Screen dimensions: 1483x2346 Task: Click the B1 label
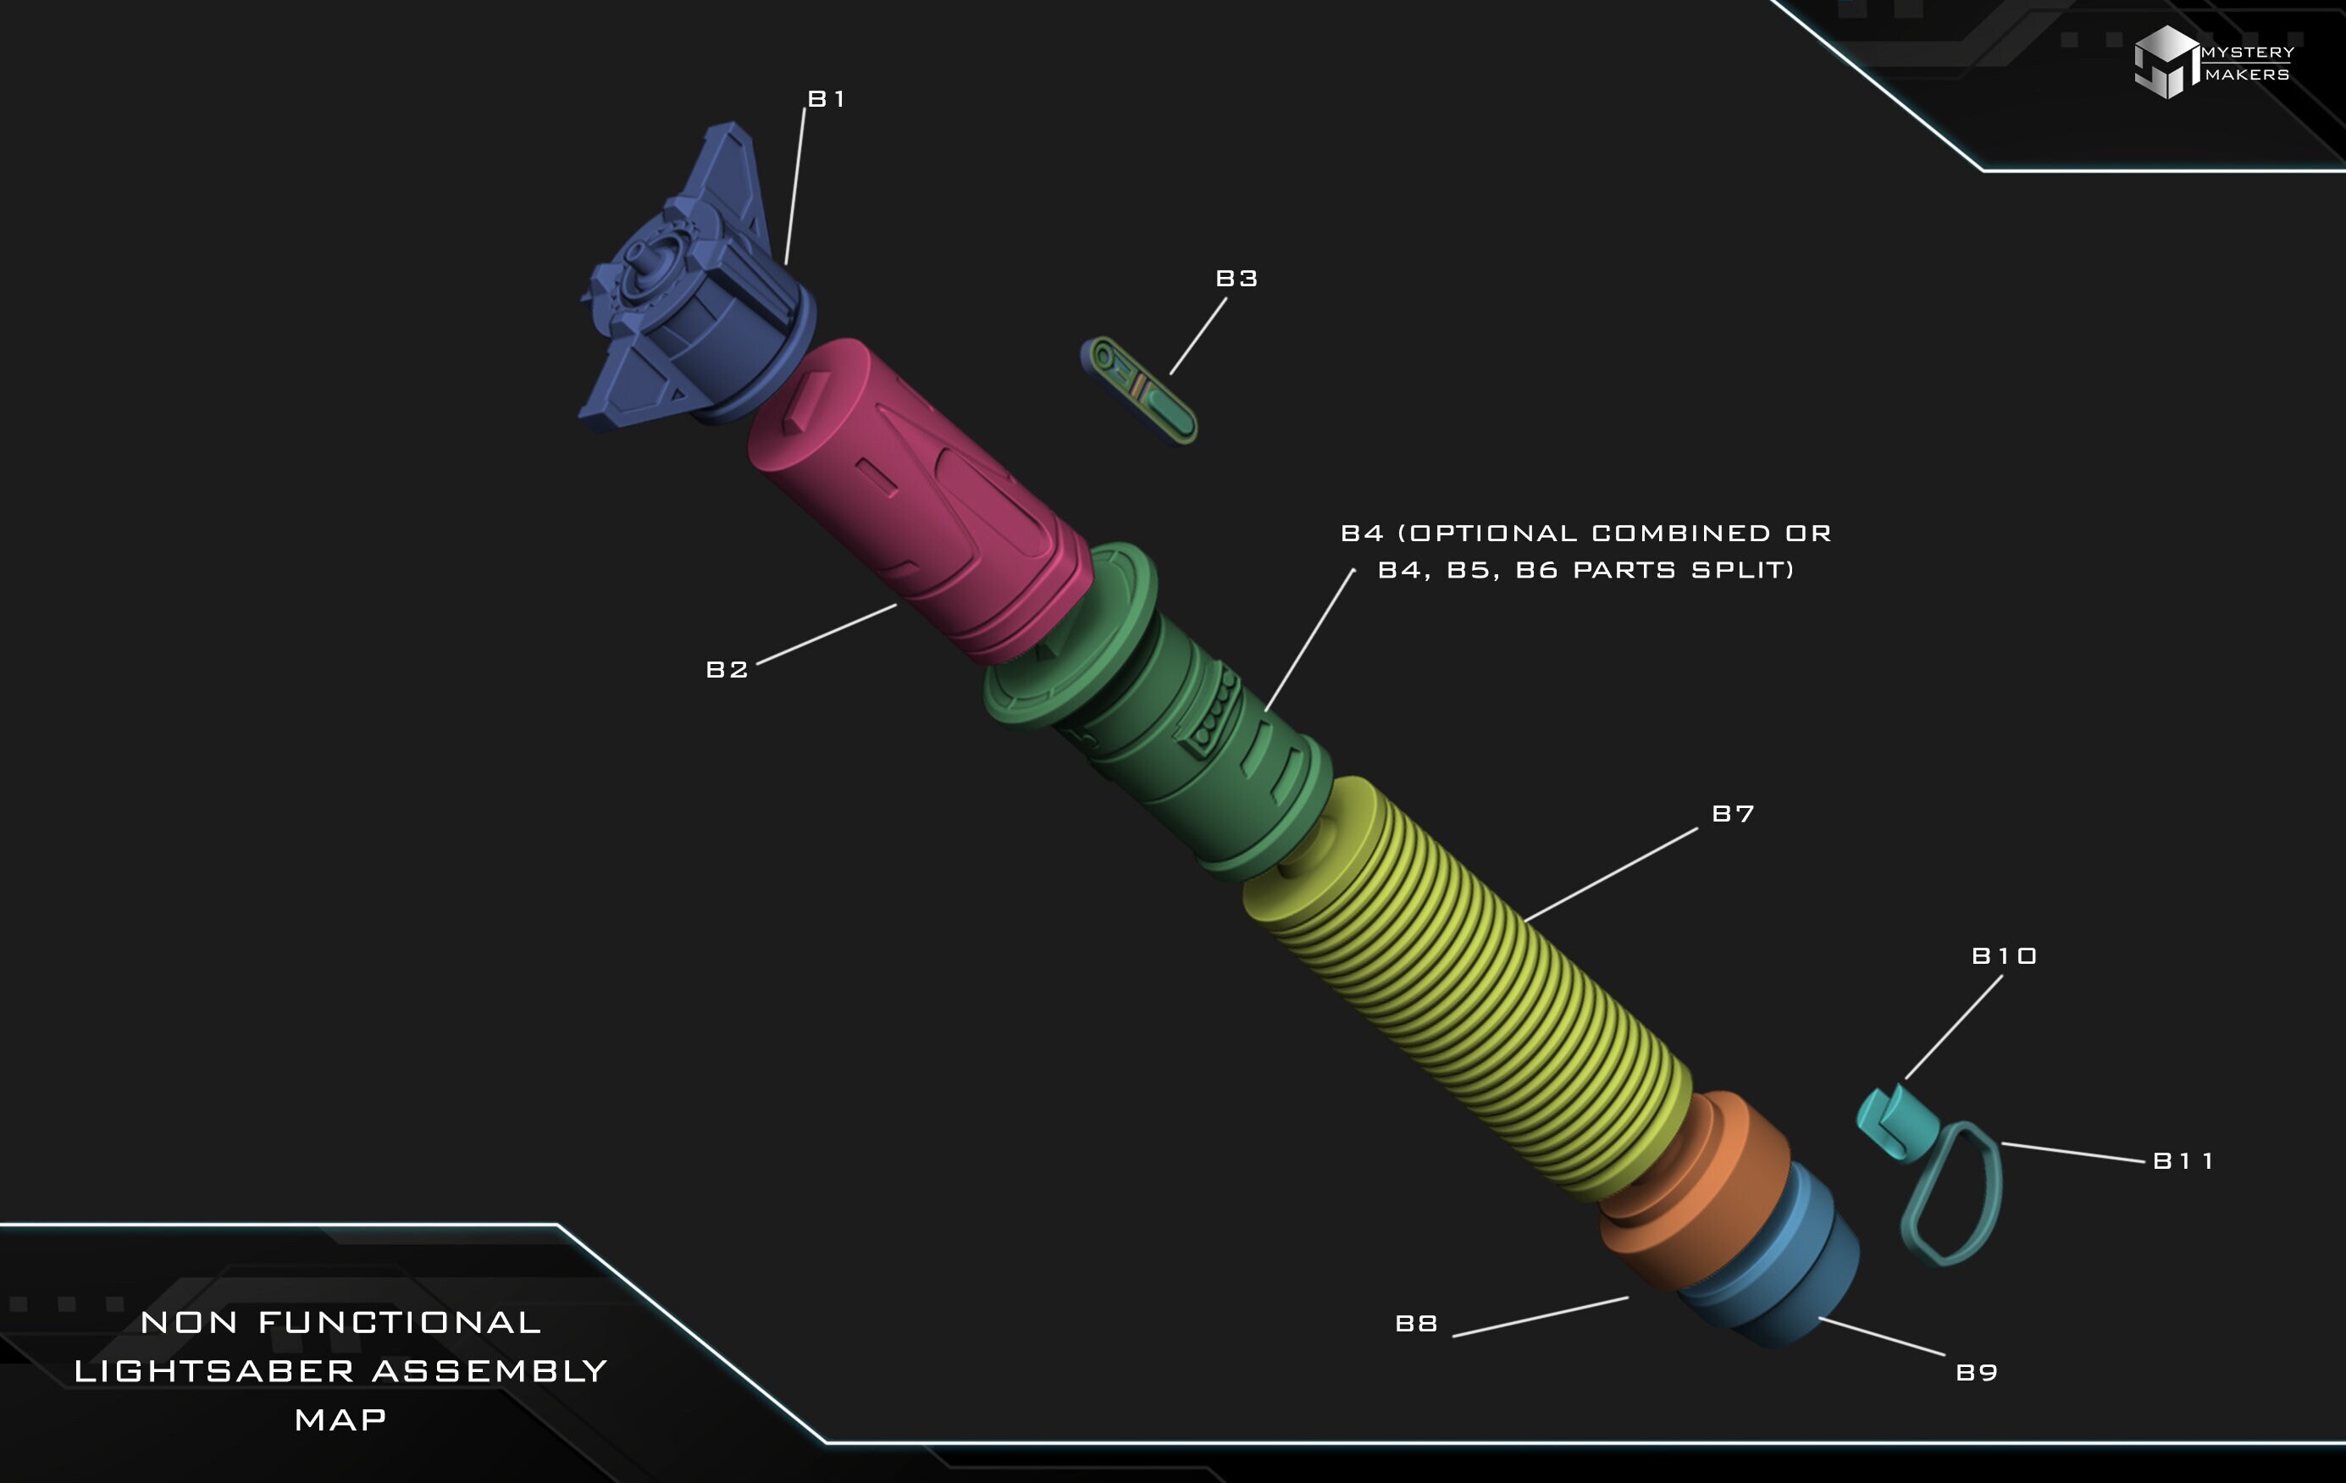pyautogui.click(x=826, y=98)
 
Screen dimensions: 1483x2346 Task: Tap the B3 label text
pyautogui.click(x=1237, y=279)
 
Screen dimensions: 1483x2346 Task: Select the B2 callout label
pyautogui.click(x=727, y=669)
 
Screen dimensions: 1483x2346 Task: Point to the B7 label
pyautogui.click(x=1732, y=814)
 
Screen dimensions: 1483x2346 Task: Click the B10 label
pyautogui.click(x=2004, y=956)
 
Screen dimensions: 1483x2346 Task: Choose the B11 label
pyautogui.click(x=2183, y=1160)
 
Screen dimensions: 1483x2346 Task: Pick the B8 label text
pyautogui.click(x=1415, y=1323)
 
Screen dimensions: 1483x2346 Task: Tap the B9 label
pyautogui.click(x=1977, y=1372)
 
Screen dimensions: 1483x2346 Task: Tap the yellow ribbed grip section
pyautogui.click(x=1471, y=993)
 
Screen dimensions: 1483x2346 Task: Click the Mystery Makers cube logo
pyautogui.click(x=2165, y=61)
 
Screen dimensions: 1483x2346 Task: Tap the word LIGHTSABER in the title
pyautogui.click(x=214, y=1371)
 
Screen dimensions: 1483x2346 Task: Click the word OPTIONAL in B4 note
pyautogui.click(x=1492, y=533)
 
